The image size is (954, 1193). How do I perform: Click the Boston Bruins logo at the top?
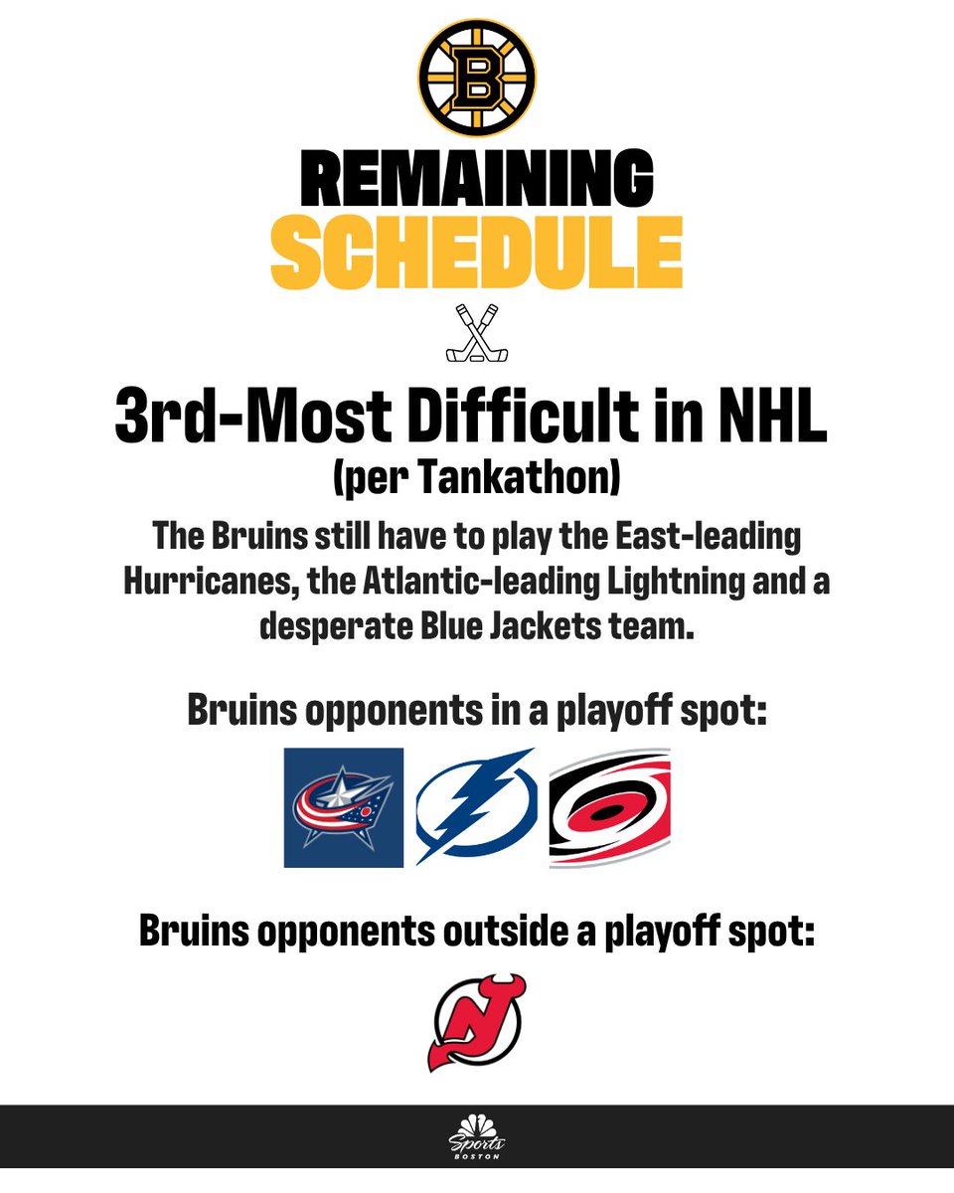(477, 78)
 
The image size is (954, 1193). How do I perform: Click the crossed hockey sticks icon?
(477, 333)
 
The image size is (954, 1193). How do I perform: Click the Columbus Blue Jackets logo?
(344, 807)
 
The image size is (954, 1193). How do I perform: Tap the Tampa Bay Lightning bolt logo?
(476, 807)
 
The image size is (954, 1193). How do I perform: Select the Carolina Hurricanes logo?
(609, 807)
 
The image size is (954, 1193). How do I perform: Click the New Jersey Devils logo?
(477, 1021)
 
